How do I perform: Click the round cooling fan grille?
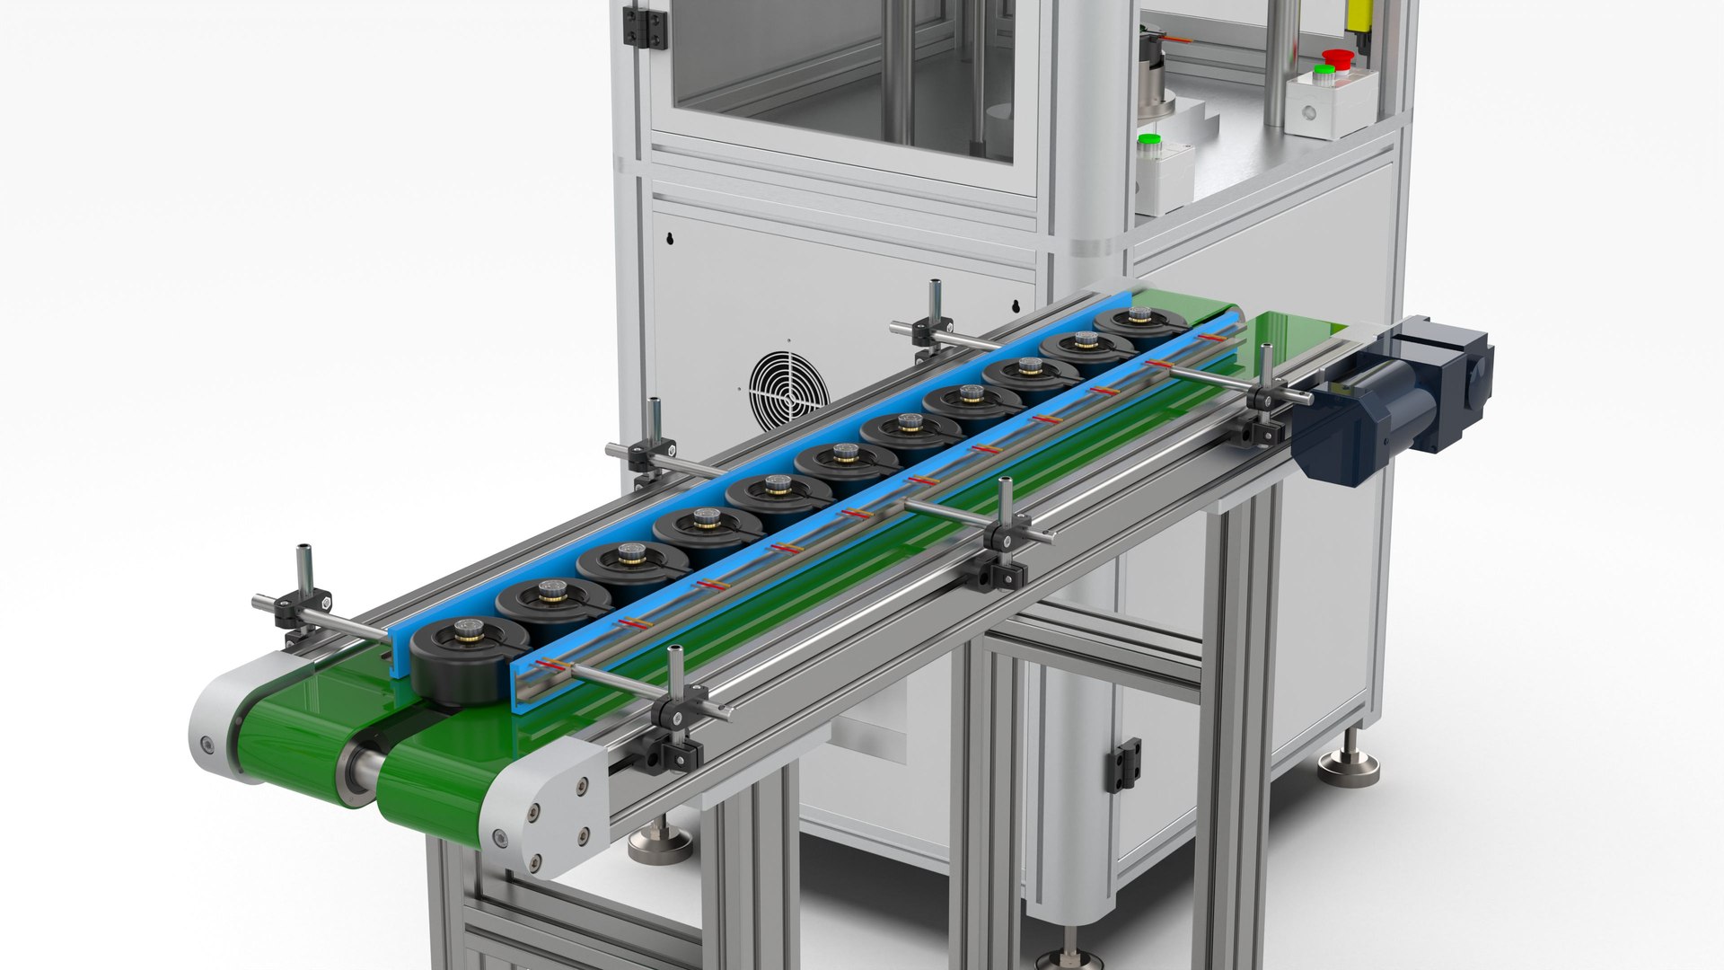point(788,390)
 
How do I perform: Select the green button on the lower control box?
point(1148,141)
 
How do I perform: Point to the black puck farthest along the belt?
point(1140,325)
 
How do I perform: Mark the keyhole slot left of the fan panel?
point(670,239)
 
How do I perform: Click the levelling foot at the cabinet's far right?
point(1348,767)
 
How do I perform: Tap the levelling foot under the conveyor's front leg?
point(660,844)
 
